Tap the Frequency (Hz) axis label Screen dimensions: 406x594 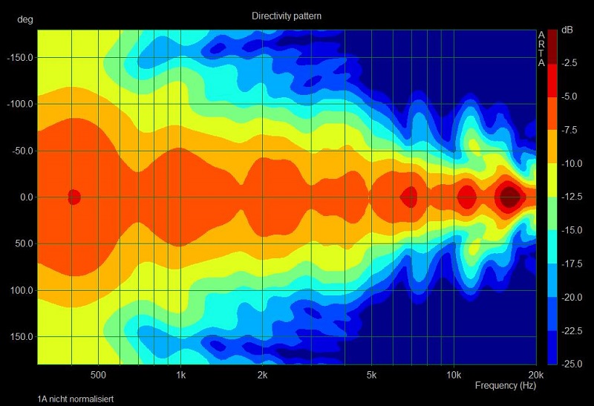pos(505,386)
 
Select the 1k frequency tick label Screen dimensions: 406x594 pos(180,374)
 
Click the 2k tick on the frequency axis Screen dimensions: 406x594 pos(263,374)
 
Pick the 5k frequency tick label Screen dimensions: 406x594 pos(372,374)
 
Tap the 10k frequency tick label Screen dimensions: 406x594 pos(454,374)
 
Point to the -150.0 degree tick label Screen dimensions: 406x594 pos(21,57)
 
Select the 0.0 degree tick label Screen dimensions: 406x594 pos(25,197)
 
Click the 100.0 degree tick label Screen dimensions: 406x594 pos(22,290)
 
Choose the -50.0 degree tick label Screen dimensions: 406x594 pos(22,151)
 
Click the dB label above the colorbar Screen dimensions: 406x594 pos(567,30)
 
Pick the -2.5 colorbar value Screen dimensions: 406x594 pos(569,63)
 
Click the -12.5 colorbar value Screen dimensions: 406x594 pos(569,197)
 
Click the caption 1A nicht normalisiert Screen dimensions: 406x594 pos(76,399)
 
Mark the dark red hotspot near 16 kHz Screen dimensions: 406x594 pos(509,197)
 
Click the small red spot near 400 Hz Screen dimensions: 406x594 pos(74,197)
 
